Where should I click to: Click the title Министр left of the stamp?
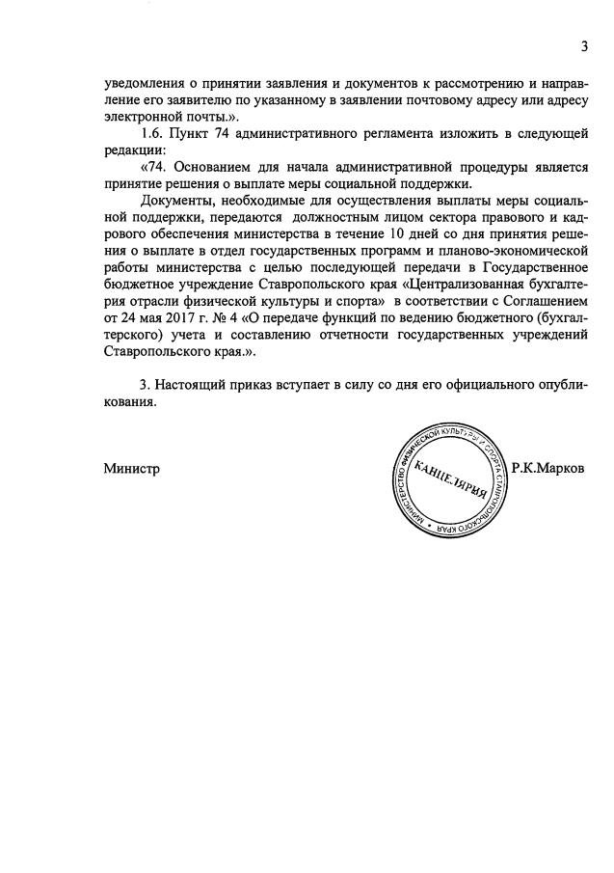pyautogui.click(x=131, y=469)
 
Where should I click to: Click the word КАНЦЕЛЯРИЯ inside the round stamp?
pyautogui.click(x=452, y=477)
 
